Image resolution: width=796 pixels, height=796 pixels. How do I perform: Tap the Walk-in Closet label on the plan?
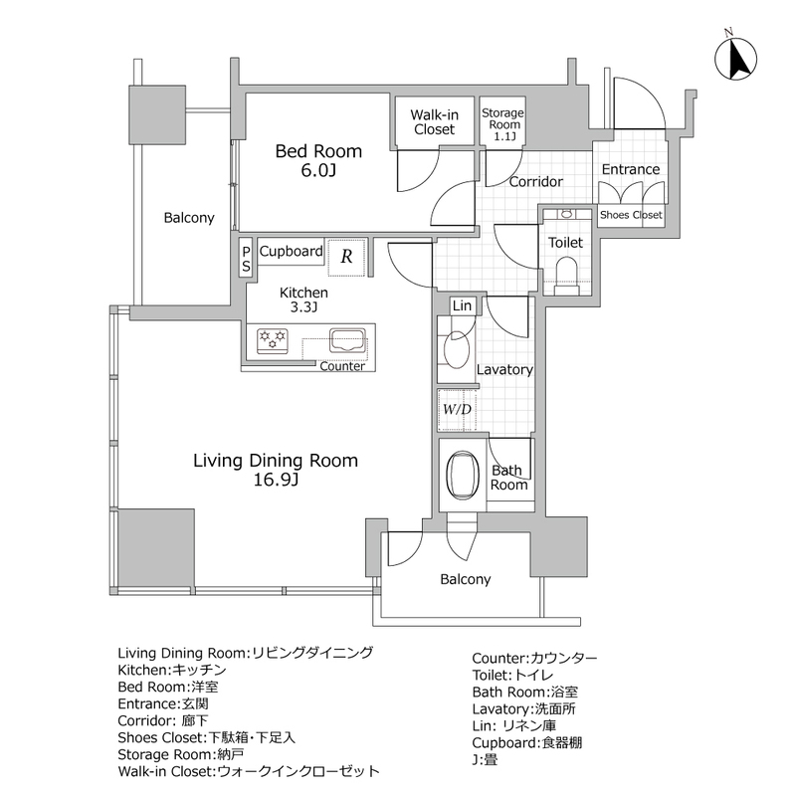[x=433, y=121]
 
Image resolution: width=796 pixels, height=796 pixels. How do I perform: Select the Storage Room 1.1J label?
[x=502, y=123]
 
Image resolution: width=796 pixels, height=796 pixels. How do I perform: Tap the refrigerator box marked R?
[x=345, y=255]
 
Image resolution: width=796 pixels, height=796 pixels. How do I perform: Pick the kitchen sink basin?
[x=348, y=341]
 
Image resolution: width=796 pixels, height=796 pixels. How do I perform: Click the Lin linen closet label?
[x=462, y=306]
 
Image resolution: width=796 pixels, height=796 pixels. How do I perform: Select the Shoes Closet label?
[x=631, y=215]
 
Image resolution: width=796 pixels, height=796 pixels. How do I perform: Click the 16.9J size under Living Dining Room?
[x=276, y=482]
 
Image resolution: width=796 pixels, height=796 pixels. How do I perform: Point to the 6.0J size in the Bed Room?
[x=318, y=171]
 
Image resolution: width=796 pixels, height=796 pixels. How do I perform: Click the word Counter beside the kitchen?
[x=341, y=366]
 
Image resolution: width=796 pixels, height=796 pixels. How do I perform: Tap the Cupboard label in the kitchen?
[x=291, y=252]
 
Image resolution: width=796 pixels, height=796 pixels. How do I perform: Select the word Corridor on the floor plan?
[x=536, y=182]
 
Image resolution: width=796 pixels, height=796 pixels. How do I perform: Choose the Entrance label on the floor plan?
[x=631, y=169]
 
